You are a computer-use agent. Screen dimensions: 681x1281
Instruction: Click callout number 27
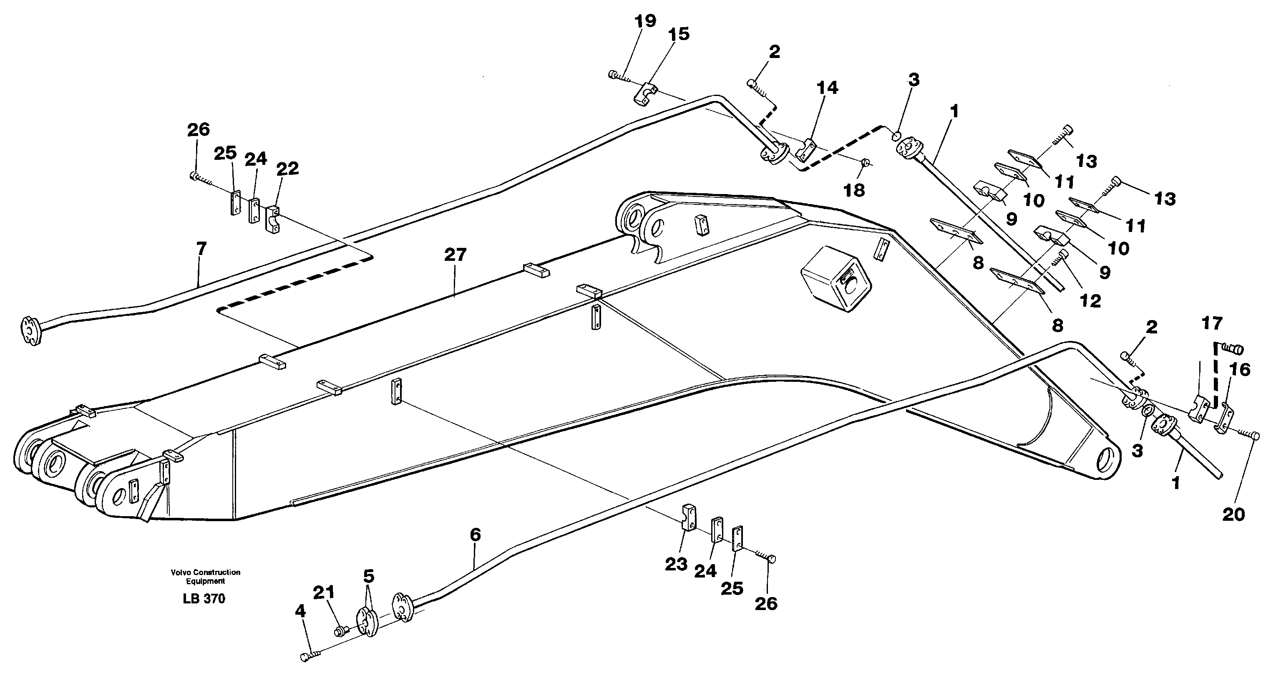pos(455,255)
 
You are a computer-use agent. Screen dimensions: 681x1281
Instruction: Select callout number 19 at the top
pos(645,21)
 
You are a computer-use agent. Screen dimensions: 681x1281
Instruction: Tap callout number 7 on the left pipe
pos(201,248)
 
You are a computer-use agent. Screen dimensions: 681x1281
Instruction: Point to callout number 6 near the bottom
pos(475,535)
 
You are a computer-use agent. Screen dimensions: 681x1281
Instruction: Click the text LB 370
pos(204,599)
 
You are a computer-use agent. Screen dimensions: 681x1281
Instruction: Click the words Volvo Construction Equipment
pos(205,577)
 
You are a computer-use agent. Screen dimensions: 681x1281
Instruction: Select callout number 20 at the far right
pos(1233,515)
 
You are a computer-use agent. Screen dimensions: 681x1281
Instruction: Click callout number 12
pos(1090,300)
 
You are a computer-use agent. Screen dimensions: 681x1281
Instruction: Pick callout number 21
pos(324,593)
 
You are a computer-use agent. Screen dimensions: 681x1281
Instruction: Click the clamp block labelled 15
pos(645,93)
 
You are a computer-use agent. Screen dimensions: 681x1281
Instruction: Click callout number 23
pos(676,564)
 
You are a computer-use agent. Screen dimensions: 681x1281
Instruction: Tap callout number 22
pos(287,168)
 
